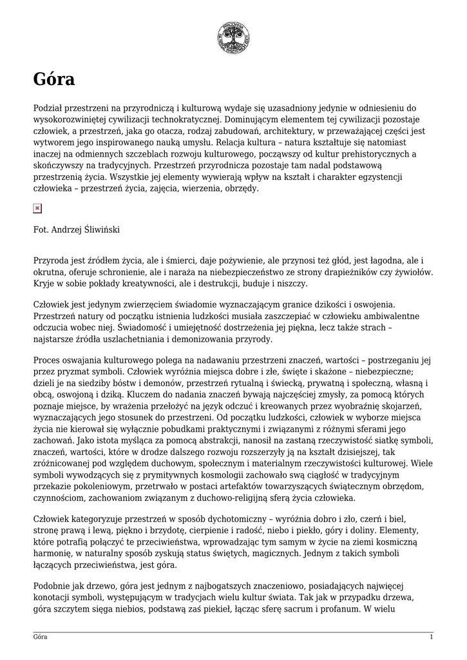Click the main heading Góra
click(54, 80)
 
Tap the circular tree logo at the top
click(233, 38)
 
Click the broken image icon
click(37, 208)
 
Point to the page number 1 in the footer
click(431, 637)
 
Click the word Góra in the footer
click(41, 637)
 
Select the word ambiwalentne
click(389, 316)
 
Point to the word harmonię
click(52, 553)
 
